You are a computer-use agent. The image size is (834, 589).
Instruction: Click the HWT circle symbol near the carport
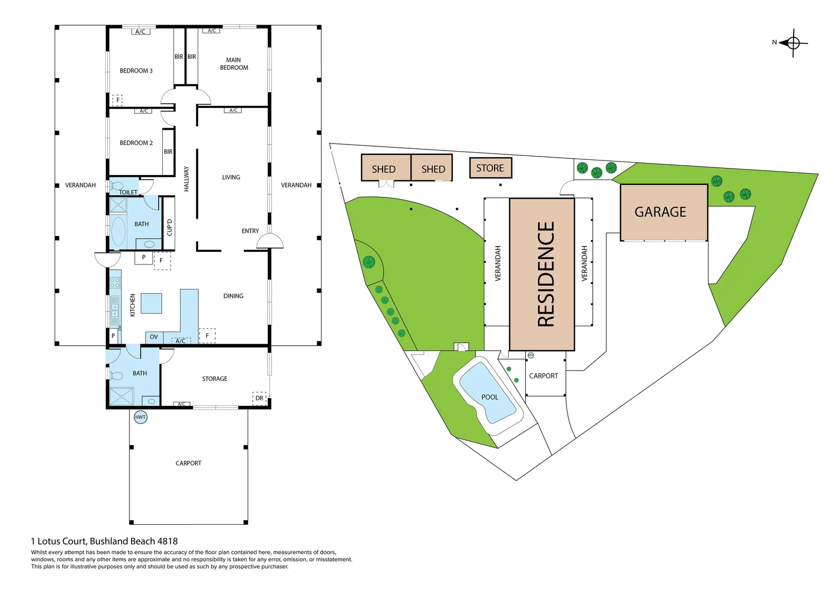click(140, 417)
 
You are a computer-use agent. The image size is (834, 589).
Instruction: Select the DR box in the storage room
click(259, 398)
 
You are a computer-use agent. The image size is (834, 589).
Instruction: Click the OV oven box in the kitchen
click(154, 337)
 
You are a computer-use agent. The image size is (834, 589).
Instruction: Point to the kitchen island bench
click(151, 303)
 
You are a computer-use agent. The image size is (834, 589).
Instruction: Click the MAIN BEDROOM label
click(234, 64)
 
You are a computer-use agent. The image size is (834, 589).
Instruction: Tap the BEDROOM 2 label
click(136, 143)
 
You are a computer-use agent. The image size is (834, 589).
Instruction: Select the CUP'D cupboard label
click(170, 227)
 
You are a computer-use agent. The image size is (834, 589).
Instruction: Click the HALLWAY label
click(187, 179)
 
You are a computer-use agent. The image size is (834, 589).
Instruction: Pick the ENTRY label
click(250, 231)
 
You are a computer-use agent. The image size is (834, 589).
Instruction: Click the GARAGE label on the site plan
click(660, 212)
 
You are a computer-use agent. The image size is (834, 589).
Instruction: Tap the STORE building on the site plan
click(490, 168)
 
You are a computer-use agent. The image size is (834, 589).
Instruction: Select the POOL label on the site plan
click(490, 397)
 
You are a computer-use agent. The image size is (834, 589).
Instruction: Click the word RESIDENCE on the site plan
click(546, 274)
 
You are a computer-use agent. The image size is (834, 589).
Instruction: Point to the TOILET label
click(128, 193)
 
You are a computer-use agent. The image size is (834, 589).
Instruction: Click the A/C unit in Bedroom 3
click(140, 32)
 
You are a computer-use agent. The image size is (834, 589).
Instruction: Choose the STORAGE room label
click(215, 379)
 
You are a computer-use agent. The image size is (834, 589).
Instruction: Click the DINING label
click(233, 296)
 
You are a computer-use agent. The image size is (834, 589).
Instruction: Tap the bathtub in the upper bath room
click(118, 231)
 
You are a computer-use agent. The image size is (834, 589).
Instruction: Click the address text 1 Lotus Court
click(58, 541)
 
